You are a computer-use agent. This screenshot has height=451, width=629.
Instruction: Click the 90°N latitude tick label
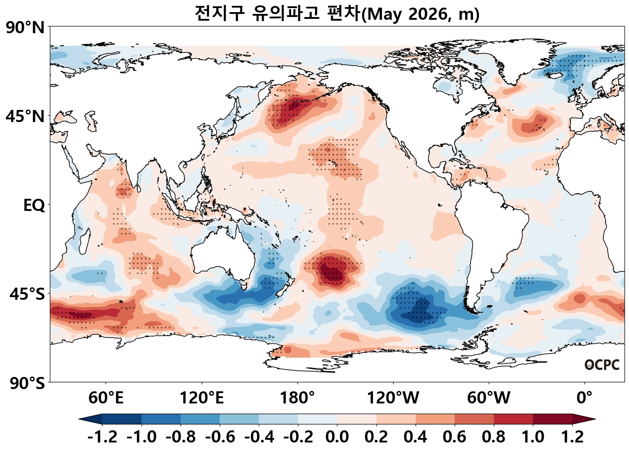(25, 28)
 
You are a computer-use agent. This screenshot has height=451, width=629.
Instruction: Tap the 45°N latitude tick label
(25, 117)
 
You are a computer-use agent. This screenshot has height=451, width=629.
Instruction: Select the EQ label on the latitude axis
(34, 206)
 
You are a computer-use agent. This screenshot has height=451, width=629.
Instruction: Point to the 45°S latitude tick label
(27, 294)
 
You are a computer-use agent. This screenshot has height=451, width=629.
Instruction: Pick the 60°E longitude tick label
(106, 398)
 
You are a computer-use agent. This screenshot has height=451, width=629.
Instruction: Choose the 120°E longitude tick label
(201, 398)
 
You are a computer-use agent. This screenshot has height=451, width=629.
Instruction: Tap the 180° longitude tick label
(297, 398)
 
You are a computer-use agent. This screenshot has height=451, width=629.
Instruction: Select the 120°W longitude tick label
(393, 398)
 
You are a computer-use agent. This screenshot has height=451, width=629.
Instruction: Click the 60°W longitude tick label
(488, 398)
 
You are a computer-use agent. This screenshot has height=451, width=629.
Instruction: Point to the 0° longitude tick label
(584, 398)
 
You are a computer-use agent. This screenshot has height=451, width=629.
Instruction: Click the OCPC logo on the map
(602, 365)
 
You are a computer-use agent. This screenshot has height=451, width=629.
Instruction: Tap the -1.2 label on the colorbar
(102, 437)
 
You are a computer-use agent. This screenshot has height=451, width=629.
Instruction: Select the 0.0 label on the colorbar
(337, 437)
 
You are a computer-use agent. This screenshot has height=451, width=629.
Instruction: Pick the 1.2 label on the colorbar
(572, 437)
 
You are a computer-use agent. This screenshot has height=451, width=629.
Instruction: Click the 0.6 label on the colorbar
(454, 437)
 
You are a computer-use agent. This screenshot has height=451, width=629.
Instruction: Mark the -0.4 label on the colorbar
(259, 437)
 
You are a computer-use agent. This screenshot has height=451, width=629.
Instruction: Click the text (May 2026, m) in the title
(421, 14)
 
